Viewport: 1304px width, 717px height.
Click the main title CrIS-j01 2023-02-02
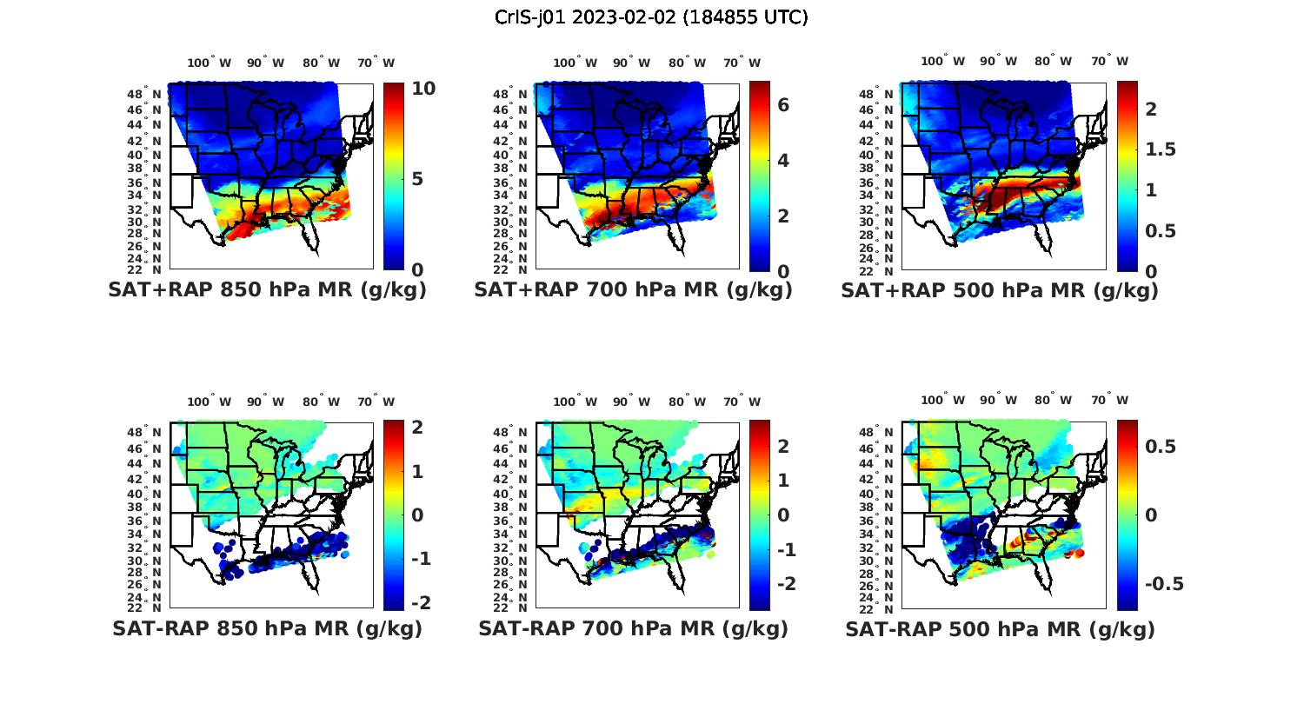pyautogui.click(x=651, y=17)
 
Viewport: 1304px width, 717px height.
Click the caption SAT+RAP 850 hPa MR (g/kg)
pyautogui.click(x=267, y=290)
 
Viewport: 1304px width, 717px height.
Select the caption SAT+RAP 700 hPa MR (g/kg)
pyautogui.click(x=633, y=290)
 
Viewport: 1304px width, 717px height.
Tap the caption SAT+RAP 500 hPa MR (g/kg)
pyautogui.click(x=1000, y=290)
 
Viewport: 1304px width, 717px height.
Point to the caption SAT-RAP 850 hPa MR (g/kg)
pyautogui.click(x=267, y=628)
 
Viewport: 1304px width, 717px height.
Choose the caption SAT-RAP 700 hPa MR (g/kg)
pyautogui.click(x=633, y=628)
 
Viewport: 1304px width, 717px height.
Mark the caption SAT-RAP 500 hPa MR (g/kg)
pyautogui.click(x=1000, y=628)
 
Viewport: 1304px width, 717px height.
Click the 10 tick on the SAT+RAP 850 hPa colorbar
pyautogui.click(x=424, y=89)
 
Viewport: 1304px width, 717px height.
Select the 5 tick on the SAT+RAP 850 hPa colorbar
pyautogui.click(x=418, y=179)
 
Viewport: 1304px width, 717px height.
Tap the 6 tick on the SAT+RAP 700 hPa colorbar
pyautogui.click(x=782, y=105)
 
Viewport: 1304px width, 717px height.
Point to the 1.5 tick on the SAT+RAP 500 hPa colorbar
pyautogui.click(x=1160, y=149)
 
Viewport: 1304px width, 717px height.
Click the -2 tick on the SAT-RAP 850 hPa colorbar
pyautogui.click(x=420, y=602)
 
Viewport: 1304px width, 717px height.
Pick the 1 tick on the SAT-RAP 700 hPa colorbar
pyautogui.click(x=782, y=481)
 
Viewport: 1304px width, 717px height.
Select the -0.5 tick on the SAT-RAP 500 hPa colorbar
pyautogui.click(x=1164, y=584)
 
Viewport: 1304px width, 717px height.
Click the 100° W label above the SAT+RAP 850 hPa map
pyautogui.click(x=209, y=63)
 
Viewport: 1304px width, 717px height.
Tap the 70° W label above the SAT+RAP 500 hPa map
pyautogui.click(x=1109, y=61)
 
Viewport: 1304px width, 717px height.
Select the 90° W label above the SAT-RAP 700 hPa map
pyautogui.click(x=632, y=402)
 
